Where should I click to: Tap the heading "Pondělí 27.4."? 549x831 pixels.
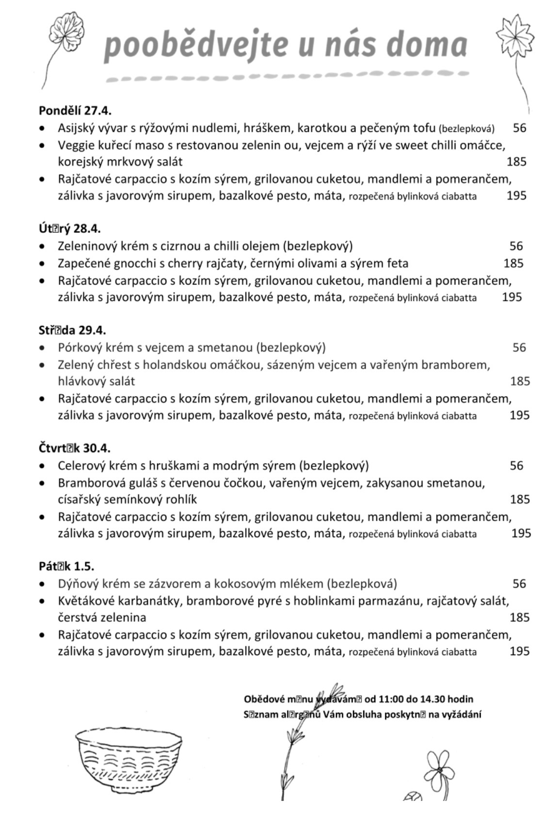click(x=75, y=111)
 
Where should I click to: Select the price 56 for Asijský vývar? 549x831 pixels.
click(x=519, y=128)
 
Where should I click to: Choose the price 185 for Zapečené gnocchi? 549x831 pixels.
click(x=514, y=263)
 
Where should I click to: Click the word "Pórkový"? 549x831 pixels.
click(x=79, y=348)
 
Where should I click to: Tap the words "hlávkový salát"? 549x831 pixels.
click(x=97, y=382)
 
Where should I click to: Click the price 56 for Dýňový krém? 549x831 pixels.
click(x=519, y=584)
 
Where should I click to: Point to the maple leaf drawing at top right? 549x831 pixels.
click(x=515, y=36)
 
